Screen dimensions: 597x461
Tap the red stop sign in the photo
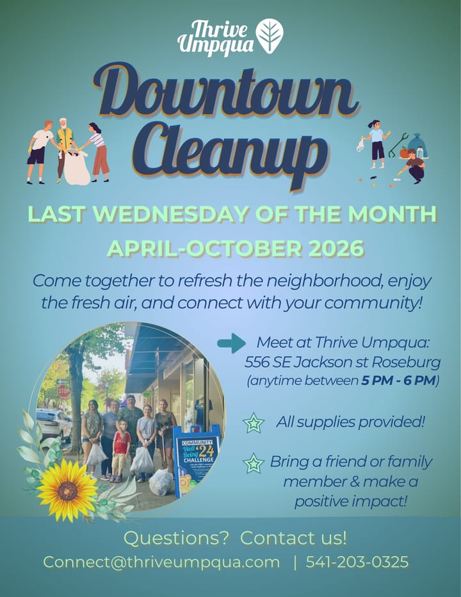coord(63,391)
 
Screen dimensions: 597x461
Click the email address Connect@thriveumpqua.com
coord(161,562)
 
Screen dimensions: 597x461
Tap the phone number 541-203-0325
coord(357,562)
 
